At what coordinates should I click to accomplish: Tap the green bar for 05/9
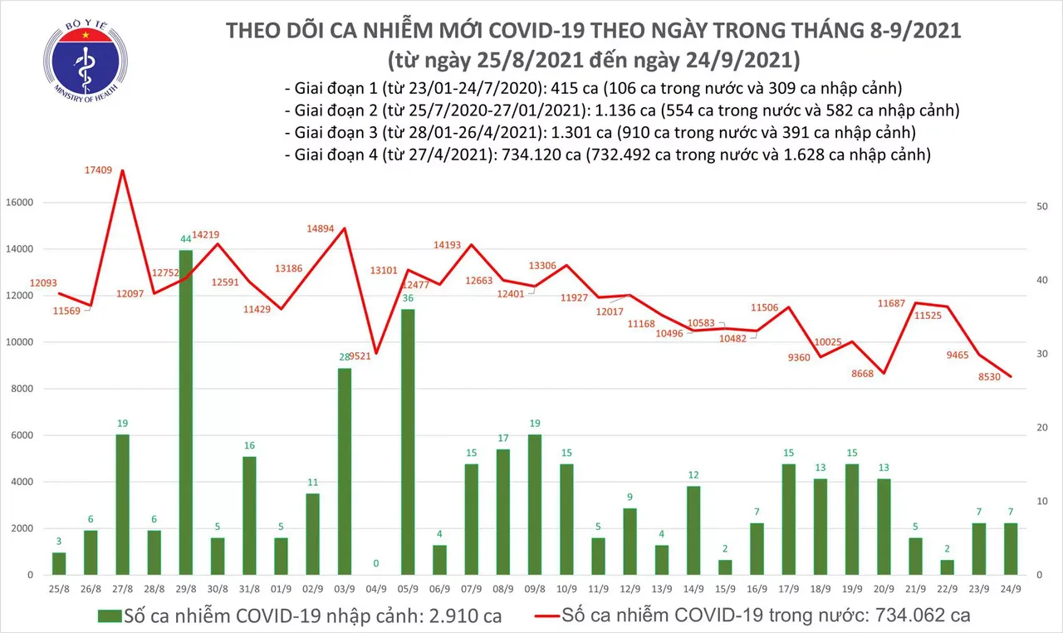point(408,441)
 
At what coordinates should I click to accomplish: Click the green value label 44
point(187,239)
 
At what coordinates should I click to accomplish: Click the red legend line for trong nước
point(536,616)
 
